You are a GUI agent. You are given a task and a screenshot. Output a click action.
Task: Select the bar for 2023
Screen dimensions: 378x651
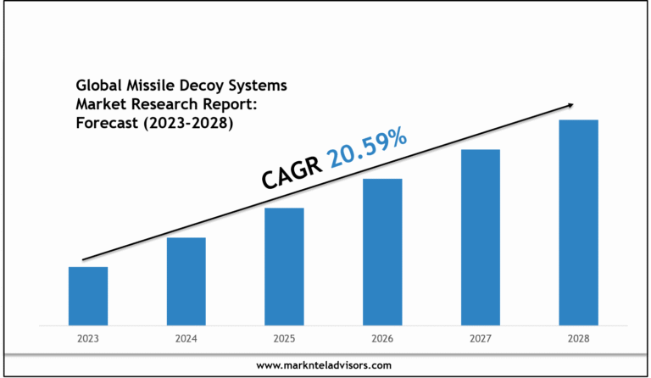click(x=87, y=296)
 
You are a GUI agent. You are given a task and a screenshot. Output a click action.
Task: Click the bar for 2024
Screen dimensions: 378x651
click(x=186, y=281)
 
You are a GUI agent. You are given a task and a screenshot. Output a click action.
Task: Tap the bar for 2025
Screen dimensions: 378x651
click(x=284, y=266)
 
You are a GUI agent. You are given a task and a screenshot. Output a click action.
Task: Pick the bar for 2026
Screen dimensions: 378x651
click(x=382, y=252)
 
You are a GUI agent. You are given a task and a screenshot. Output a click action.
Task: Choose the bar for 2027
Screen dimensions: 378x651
click(x=480, y=237)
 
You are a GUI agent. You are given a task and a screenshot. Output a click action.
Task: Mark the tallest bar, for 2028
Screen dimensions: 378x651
click(x=578, y=222)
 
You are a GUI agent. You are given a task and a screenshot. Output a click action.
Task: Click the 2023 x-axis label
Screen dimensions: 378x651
click(x=87, y=338)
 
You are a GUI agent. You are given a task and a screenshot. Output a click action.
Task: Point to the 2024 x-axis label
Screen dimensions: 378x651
click(x=186, y=338)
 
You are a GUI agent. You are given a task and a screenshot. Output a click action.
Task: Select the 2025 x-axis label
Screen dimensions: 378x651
click(x=284, y=338)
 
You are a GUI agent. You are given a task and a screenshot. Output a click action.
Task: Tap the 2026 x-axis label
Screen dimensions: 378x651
click(x=382, y=338)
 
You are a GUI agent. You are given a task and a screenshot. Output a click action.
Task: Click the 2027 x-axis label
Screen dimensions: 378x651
click(x=480, y=338)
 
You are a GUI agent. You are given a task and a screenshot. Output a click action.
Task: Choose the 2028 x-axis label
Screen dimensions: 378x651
click(x=578, y=338)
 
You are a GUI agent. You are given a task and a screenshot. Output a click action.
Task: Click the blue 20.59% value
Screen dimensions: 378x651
click(x=368, y=147)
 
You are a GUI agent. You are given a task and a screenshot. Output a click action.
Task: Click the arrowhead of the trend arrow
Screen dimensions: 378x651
click(x=570, y=105)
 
